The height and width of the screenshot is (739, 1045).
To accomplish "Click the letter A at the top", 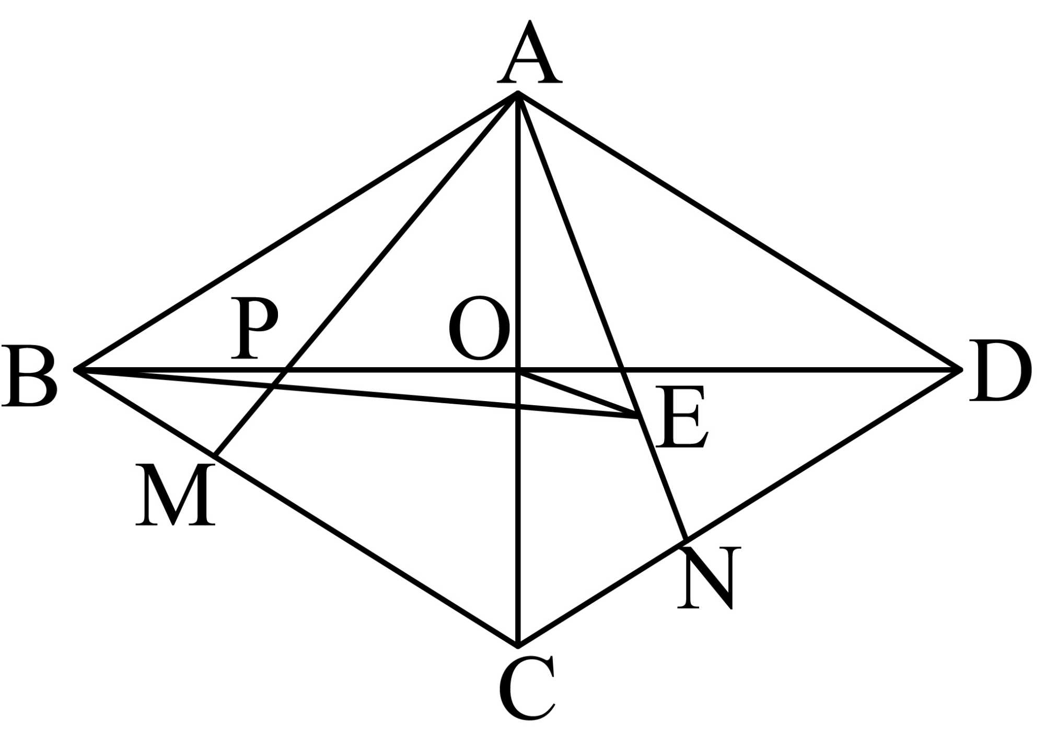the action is pos(529,53).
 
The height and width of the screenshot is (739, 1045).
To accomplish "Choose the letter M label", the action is pos(176,495).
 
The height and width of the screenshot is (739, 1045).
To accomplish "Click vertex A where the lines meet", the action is pos(517,93).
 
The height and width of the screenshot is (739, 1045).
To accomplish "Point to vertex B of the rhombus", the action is pos(76,370).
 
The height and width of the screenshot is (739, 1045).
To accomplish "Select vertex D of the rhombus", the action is pos(960,370).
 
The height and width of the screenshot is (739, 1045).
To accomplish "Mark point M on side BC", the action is pos(216,456).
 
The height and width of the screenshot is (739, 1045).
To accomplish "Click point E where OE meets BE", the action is pos(638,416).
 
